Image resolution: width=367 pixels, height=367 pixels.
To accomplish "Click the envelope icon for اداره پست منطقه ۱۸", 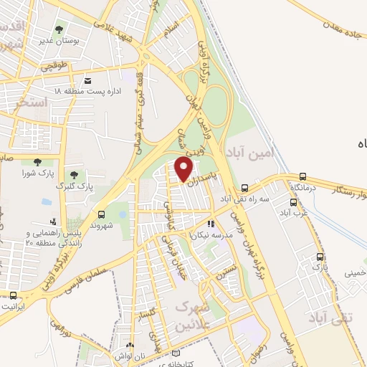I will tap(87, 81).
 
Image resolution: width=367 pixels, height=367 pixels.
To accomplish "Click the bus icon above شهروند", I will tap(100, 214).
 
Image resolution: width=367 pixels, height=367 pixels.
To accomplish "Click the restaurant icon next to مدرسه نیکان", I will tap(210, 224).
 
